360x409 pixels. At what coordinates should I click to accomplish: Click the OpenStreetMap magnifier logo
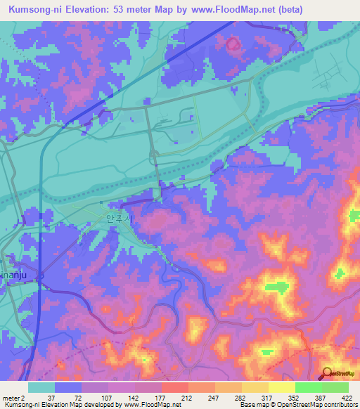coord(327,372)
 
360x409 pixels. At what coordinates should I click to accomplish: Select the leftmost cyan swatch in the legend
coord(41,387)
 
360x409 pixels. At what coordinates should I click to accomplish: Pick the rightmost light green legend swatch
coord(335,387)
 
